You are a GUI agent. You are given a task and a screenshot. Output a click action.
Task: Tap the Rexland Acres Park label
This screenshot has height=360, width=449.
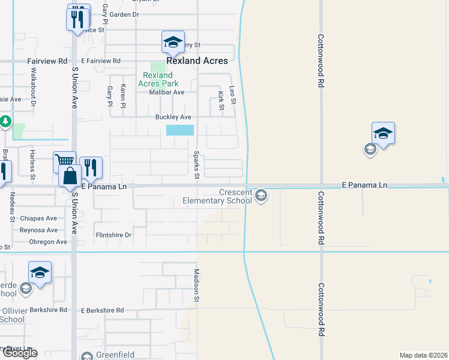coord(157,79)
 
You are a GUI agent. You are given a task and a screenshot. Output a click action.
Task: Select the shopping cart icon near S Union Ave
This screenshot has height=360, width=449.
coord(64,161)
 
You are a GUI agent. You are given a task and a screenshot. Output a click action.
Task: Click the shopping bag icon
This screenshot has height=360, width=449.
coord(71,176)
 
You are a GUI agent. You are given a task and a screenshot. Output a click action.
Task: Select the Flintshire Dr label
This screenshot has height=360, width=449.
coord(113,235)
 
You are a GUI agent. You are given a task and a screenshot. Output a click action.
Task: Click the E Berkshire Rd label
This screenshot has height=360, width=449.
coord(102,310)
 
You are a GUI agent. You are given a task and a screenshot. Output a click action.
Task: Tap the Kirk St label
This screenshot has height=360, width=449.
coord(221,100)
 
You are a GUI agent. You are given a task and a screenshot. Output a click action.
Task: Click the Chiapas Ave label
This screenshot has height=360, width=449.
coord(38,218)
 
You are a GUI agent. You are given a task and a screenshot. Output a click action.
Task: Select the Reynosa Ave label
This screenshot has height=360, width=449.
coord(38,230)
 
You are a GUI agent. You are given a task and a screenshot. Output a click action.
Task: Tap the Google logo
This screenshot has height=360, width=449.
coord(19,353)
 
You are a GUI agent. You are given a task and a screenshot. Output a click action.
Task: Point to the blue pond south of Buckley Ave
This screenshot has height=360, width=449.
coord(180,130)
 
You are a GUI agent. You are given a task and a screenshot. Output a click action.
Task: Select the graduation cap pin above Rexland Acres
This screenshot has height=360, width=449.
coord(172,42)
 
